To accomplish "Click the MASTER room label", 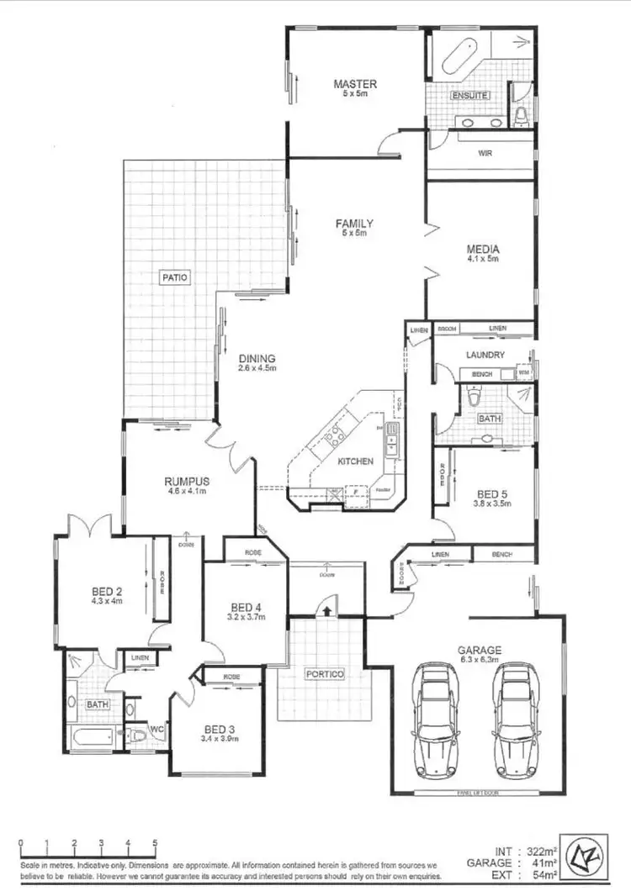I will click(x=354, y=84).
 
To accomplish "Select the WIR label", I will click(x=485, y=154).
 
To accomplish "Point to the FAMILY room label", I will click(x=354, y=224).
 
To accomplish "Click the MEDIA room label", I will click(x=483, y=249).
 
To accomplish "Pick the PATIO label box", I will click(x=176, y=276).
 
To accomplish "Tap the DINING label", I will click(x=256, y=359).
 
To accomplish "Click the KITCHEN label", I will click(x=355, y=461).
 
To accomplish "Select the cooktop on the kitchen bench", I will click(x=336, y=435).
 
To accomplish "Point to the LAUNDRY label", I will click(x=485, y=355).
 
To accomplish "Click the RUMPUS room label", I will click(x=187, y=482).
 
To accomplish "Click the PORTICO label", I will click(x=323, y=674).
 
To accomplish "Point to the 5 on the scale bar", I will click(x=155, y=842).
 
